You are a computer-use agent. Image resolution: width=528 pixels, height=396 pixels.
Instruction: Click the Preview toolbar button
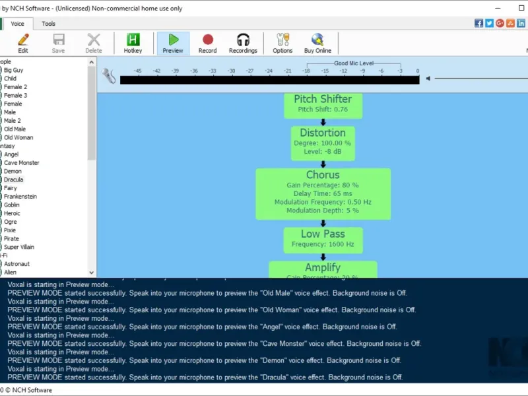pos(173,44)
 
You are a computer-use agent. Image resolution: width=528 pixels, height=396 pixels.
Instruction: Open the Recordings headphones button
pos(243,44)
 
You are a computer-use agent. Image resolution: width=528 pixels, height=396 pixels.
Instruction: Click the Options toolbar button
pos(282,44)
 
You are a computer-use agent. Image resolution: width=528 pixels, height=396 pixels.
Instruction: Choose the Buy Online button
pos(317,44)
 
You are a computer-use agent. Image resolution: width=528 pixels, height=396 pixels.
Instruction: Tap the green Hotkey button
pos(133,44)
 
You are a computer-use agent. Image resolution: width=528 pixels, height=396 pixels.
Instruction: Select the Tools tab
pos(49,24)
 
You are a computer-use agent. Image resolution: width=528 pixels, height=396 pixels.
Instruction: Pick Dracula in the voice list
pos(13,180)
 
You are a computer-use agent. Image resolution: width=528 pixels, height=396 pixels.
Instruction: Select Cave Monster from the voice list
pos(21,162)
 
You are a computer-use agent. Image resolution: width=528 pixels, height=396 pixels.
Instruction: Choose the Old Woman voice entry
pos(18,137)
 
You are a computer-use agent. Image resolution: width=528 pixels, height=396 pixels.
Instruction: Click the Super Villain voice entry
pos(19,247)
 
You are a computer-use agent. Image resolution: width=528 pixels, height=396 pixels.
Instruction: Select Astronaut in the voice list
pos(16,264)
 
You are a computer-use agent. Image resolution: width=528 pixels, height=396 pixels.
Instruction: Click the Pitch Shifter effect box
pos(323,104)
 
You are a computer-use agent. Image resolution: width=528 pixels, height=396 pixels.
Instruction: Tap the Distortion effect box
pos(323,143)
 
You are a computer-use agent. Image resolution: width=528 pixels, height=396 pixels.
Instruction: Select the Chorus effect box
pos(323,193)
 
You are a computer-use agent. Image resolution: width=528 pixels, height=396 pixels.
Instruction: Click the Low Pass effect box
pos(323,239)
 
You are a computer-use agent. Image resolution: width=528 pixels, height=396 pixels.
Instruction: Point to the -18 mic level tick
pos(306,71)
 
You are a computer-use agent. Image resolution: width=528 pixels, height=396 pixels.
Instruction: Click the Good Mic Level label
pos(354,63)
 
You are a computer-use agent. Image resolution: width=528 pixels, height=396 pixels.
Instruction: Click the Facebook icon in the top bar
pos(478,23)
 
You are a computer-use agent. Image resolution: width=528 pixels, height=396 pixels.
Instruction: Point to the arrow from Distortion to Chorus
pos(323,164)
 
